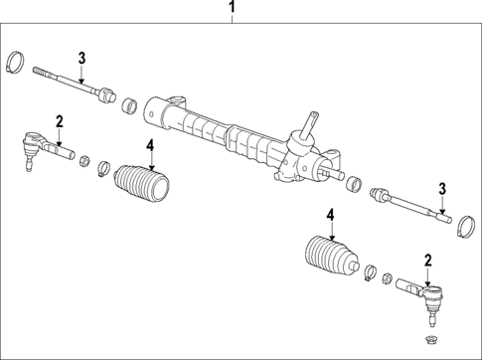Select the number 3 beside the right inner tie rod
click(x=443, y=189)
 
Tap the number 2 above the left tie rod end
click(x=59, y=121)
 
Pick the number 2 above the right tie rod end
click(x=428, y=261)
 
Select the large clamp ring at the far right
click(x=463, y=229)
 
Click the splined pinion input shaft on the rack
click(x=309, y=124)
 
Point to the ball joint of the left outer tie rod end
click(x=29, y=149)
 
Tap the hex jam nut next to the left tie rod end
click(x=85, y=158)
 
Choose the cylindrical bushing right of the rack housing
click(x=352, y=182)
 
